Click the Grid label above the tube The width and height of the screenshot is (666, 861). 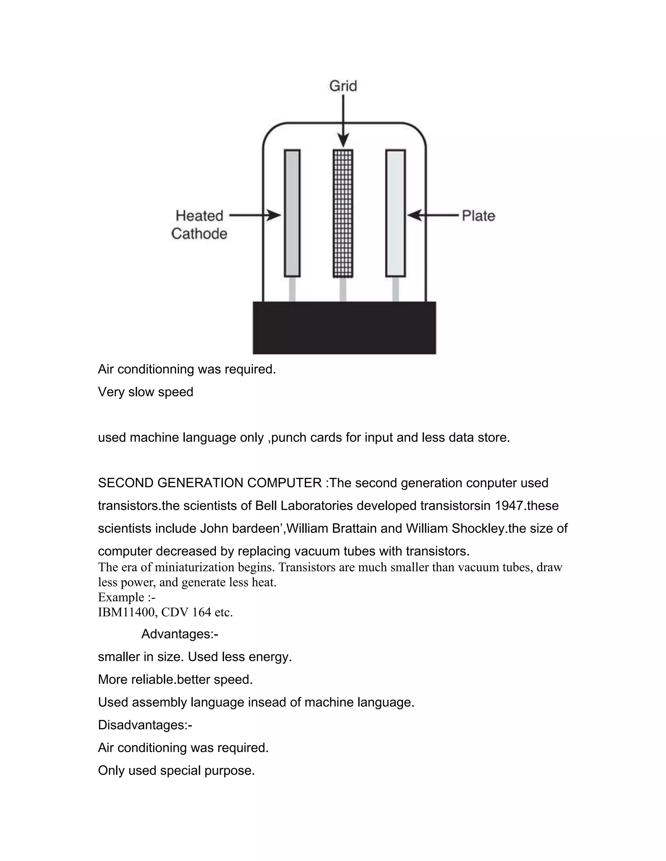point(343,86)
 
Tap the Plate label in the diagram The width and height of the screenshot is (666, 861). point(478,216)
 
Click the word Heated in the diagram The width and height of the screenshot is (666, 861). point(199,216)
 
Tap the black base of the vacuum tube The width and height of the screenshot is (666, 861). point(344,328)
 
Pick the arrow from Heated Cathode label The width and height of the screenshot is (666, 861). point(255,216)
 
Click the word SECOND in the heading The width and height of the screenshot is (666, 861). point(125,483)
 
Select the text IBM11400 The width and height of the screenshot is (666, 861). point(126,612)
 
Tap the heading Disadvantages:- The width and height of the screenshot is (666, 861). point(145,725)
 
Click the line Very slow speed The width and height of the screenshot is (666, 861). point(145,392)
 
